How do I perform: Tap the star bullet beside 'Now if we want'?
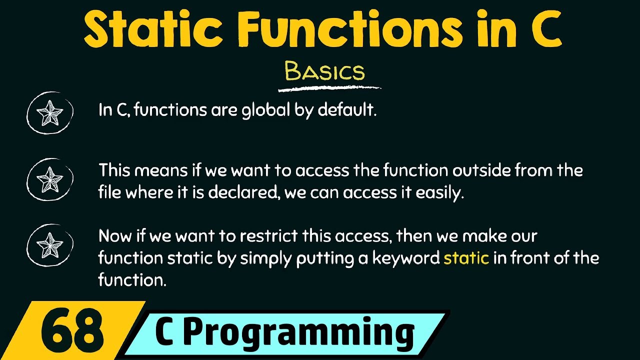pos(50,245)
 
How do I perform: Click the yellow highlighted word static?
pos(466,258)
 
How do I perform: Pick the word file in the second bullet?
pos(109,193)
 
